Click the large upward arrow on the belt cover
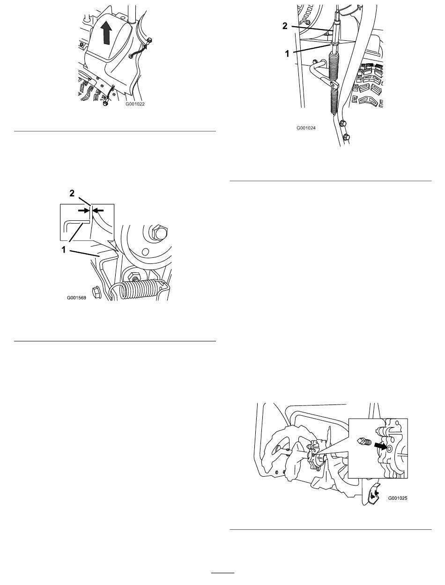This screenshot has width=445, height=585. (106, 33)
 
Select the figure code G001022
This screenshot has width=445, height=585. (135, 104)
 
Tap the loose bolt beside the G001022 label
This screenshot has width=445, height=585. (105, 103)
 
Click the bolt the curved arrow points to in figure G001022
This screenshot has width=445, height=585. (149, 40)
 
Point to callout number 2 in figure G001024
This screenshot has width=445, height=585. (285, 26)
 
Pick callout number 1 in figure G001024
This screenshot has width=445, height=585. (287, 54)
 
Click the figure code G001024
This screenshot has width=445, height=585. (306, 128)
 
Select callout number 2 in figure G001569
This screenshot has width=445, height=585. (72, 193)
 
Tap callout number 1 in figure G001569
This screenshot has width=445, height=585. (63, 250)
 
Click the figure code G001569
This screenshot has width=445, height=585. (76, 298)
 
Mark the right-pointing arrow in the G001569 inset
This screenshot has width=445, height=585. (83, 210)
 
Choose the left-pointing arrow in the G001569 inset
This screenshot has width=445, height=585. (98, 210)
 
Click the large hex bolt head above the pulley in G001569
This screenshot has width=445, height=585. (159, 232)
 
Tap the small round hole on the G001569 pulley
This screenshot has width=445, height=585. (145, 251)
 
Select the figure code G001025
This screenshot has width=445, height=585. (398, 498)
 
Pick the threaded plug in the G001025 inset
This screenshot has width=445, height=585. (364, 442)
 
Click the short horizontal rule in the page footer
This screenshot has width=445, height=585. (222, 572)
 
